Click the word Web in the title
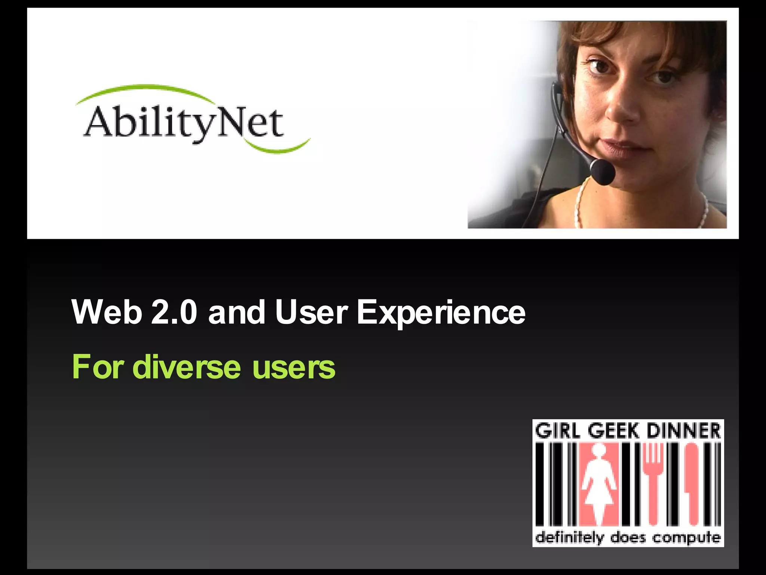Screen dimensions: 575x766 coord(107,312)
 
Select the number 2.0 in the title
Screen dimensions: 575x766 coord(174,312)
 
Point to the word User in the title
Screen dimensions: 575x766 coord(311,312)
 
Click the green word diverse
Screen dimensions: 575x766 coord(187,367)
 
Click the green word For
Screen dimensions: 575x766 coord(98,367)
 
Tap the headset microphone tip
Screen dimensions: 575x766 coord(603,172)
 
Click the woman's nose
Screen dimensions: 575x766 coord(623,109)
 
